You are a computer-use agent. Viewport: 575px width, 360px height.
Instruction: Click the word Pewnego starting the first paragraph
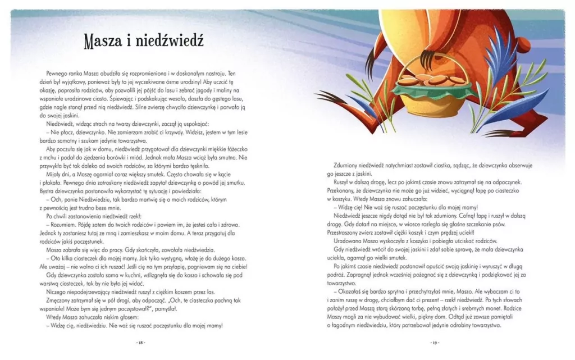click(59, 74)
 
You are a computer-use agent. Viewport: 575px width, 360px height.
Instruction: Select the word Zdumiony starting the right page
click(346, 166)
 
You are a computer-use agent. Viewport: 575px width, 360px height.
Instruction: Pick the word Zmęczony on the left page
click(62, 300)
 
